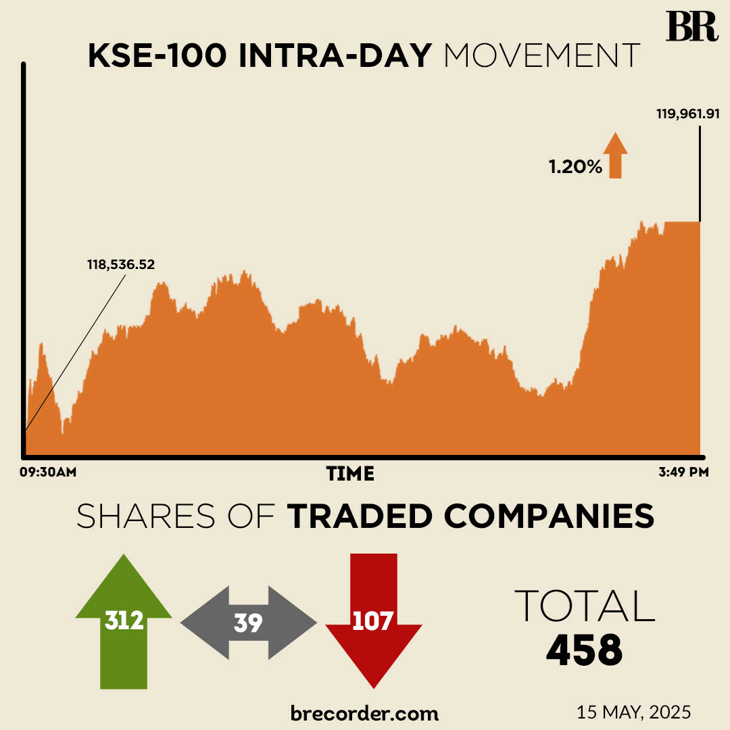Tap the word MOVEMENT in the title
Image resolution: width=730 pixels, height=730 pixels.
[541, 56]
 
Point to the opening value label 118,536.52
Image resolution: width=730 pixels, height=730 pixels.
[121, 264]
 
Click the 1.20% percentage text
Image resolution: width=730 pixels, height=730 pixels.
[575, 167]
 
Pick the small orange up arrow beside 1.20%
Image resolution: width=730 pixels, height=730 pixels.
[615, 155]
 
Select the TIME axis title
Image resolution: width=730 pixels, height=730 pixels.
[350, 474]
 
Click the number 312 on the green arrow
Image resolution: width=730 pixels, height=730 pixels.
[124, 620]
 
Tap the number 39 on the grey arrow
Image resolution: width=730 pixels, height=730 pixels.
[248, 623]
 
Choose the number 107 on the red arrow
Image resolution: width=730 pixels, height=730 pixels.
[372, 620]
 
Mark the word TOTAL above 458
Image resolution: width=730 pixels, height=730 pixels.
[585, 606]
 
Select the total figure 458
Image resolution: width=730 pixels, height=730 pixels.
[585, 650]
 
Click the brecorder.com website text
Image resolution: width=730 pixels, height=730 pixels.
[364, 712]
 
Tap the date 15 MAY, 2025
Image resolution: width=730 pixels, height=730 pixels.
[633, 712]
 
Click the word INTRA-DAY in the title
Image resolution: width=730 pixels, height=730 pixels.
[335, 56]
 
